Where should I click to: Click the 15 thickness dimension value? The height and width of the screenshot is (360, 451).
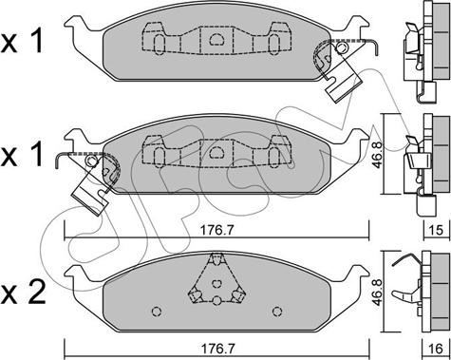(437, 230)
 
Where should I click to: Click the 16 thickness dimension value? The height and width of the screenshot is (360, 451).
(437, 349)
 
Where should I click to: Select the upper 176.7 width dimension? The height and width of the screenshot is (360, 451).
(216, 230)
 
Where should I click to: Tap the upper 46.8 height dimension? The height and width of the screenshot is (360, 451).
(377, 154)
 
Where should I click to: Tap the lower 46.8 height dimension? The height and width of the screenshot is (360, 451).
(377, 292)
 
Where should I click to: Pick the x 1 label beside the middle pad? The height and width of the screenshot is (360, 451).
(22, 154)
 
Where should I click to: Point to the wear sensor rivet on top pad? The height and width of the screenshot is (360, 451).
(341, 48)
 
